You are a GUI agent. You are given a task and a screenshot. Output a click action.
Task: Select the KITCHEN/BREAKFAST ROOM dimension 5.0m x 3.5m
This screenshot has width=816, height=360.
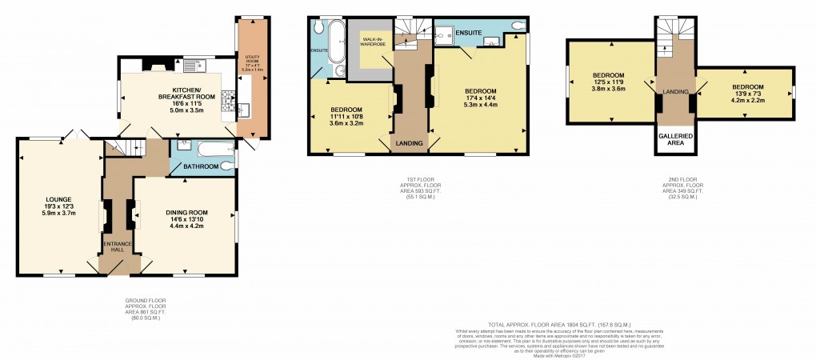174,110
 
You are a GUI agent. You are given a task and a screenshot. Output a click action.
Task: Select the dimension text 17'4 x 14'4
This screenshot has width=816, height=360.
481,98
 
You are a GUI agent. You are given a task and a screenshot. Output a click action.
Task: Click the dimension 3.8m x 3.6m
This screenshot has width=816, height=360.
608,89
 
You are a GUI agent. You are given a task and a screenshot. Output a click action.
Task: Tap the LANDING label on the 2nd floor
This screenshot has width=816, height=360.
676,92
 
